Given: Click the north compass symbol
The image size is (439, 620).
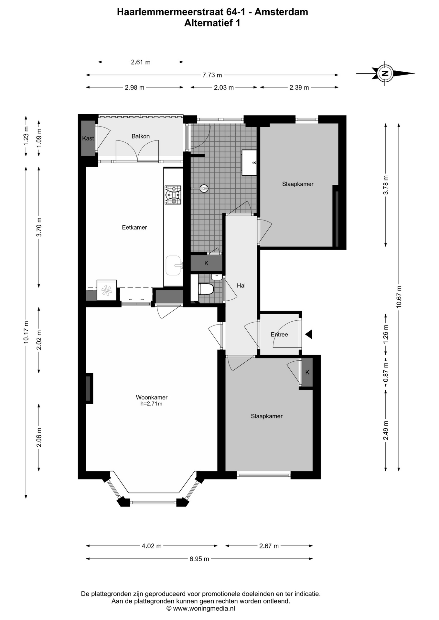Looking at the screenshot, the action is tap(385, 73).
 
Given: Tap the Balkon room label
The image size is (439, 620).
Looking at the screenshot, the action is tap(141, 136).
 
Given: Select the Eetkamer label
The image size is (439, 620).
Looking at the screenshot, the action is tap(134, 227).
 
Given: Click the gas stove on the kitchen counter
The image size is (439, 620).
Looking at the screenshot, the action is tap(173, 195).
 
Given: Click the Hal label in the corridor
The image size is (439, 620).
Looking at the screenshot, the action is tap(241, 285).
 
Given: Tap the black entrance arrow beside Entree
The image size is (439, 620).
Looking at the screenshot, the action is tap(309, 334).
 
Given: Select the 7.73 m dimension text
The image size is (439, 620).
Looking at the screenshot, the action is tap(212, 75).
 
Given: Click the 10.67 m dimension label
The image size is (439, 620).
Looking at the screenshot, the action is tap(399, 297).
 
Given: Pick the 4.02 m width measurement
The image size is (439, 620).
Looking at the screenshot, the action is tap(152, 546).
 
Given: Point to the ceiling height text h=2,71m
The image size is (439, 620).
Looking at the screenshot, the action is tap(151, 404).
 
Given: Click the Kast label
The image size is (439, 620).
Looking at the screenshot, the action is tap(88, 139).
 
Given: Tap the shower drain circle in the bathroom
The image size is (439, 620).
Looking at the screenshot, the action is tap(204, 188).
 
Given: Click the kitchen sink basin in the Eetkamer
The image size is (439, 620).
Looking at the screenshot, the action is tap(173, 265).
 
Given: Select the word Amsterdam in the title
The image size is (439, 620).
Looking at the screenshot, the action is tap(281, 12).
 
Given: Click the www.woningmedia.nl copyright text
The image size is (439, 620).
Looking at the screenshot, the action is tap(201, 609).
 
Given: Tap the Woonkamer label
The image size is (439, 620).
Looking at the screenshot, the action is tap(152, 398).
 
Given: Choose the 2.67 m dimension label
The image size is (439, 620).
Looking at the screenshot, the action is tap(269, 546).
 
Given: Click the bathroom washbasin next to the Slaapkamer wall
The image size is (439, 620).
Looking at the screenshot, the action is tap(249, 162).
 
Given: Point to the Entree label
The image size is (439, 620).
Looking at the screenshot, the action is tap(279, 335).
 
